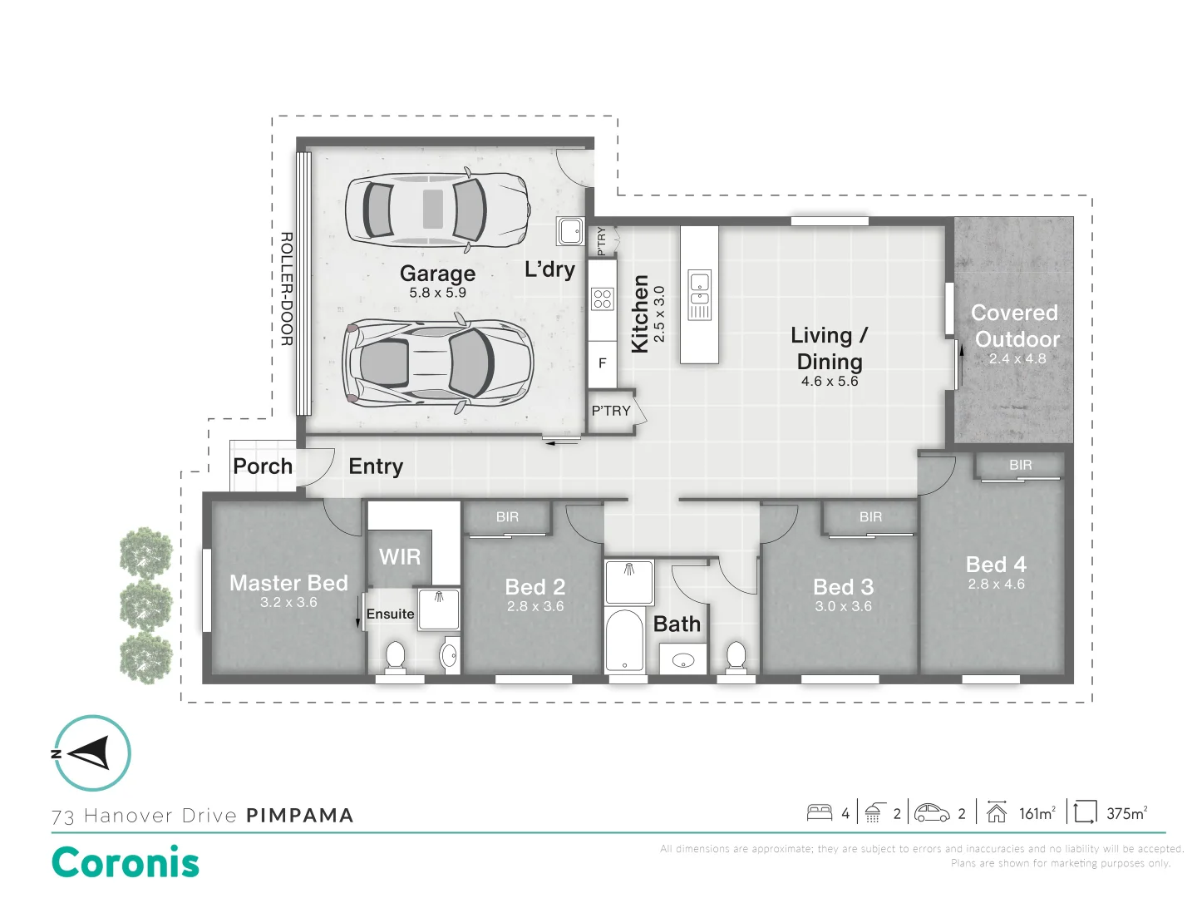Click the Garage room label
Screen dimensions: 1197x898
(437, 274)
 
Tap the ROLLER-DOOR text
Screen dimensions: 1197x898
(287, 289)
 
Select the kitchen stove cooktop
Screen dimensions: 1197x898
(602, 299)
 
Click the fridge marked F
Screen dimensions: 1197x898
(602, 363)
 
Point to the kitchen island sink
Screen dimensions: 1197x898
(699, 294)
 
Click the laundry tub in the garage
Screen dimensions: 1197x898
(570, 231)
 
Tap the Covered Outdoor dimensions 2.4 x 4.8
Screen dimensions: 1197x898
(1017, 358)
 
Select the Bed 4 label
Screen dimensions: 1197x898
(996, 565)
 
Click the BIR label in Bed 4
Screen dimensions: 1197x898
(1020, 465)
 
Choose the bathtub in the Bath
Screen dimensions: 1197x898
(624, 640)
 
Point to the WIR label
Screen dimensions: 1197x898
(400, 557)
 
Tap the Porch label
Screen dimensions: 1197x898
(263, 466)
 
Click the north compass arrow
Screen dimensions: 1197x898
(89, 753)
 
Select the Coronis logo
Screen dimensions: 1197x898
(126, 862)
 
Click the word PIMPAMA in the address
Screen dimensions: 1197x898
(300, 816)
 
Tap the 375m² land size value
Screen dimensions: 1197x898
(1126, 813)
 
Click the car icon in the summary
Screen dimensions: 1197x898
(932, 812)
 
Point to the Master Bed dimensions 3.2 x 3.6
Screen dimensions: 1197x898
(288, 603)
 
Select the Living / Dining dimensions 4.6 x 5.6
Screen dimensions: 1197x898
(830, 381)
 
